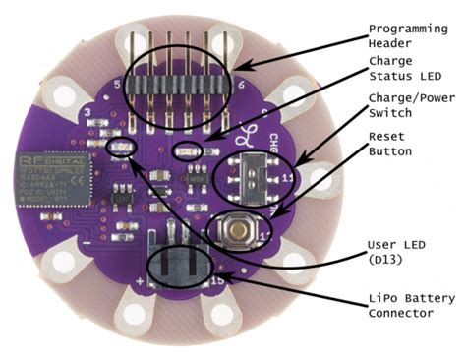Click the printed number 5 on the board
point(118,86)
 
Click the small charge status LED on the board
point(186,151)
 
